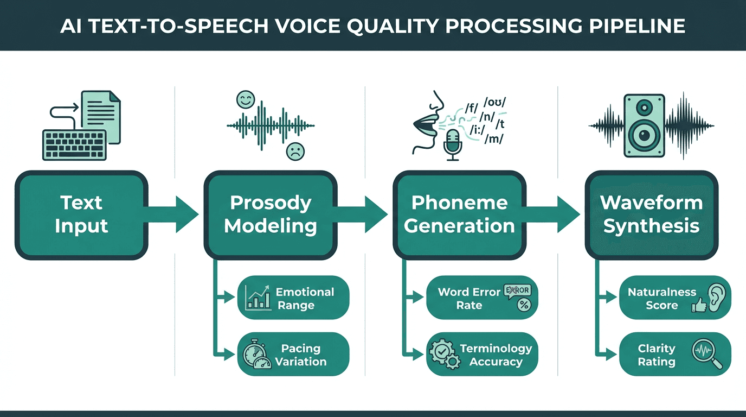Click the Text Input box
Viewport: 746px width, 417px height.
point(81,214)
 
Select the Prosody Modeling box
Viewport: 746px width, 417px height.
point(271,214)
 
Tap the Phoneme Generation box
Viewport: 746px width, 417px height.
point(459,214)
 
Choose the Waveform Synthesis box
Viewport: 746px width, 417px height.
point(651,214)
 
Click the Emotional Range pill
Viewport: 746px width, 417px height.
point(293,299)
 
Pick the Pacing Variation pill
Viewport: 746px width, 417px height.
point(293,355)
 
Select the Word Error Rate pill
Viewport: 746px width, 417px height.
point(482,299)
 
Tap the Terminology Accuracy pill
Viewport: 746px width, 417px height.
point(482,355)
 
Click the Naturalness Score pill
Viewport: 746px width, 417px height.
point(675,299)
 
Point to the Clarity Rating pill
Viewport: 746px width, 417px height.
point(675,355)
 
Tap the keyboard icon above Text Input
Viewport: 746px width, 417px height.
point(74,144)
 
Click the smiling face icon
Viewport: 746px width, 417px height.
point(245,99)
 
